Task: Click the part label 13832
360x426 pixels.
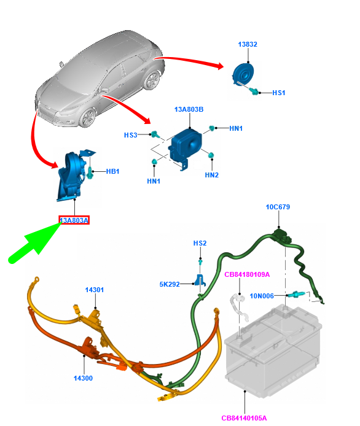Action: click(248, 44)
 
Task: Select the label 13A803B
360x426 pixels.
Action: click(189, 109)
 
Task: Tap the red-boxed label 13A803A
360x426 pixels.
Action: click(74, 220)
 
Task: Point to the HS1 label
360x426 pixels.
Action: click(279, 93)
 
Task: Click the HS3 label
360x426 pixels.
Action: click(130, 135)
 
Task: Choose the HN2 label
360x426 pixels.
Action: click(211, 175)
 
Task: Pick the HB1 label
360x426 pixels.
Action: click(112, 171)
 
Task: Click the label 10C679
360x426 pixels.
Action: click(278, 207)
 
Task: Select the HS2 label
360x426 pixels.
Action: click(200, 243)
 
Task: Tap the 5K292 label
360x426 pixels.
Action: click(170, 284)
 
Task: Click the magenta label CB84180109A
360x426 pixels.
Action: click(247, 274)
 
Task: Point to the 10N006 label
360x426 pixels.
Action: click(262, 296)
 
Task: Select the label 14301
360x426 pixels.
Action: click(95, 290)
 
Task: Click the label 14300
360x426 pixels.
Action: click(83, 378)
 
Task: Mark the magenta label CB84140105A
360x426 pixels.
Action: click(244, 418)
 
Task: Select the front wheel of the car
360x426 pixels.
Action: click(88, 117)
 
